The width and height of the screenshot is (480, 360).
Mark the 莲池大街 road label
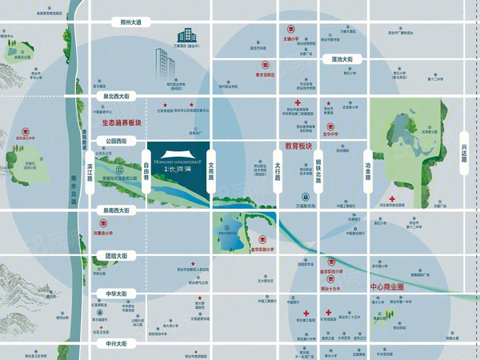pyautogui.click(x=347, y=59)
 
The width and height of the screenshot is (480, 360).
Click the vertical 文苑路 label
pyautogui.click(x=211, y=164)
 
